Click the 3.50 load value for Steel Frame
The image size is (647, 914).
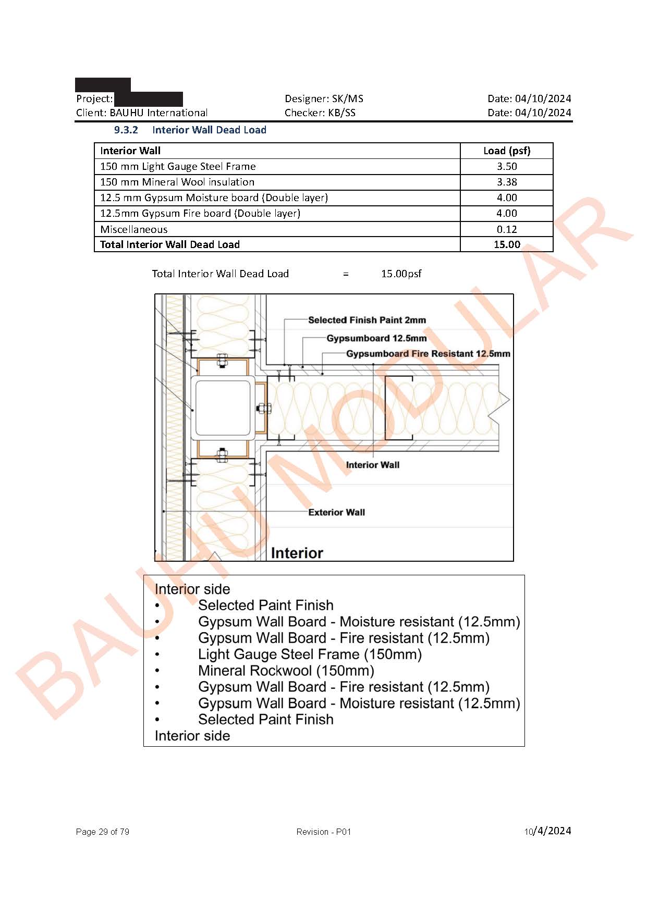(506, 166)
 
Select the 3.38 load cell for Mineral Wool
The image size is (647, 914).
(506, 182)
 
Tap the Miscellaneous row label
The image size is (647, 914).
(134, 229)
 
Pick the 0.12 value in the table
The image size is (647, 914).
(506, 229)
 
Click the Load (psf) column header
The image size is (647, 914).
(506, 151)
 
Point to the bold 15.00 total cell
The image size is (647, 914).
(506, 244)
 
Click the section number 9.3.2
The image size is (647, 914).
(126, 130)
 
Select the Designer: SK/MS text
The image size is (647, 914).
(324, 98)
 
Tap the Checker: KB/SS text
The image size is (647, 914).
(320, 113)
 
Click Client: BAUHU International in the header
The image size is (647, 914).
(142, 113)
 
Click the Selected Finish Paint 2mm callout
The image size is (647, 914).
(367, 320)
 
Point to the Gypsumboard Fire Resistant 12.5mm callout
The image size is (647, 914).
(428, 353)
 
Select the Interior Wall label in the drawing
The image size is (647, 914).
(372, 465)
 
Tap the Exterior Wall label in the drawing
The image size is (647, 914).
(336, 512)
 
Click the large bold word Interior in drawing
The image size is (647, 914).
(297, 553)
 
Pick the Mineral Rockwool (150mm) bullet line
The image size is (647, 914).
(286, 671)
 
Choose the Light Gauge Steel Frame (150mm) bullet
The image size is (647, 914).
(310, 654)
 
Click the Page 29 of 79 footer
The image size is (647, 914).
(103, 832)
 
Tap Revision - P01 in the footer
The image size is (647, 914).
(323, 832)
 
